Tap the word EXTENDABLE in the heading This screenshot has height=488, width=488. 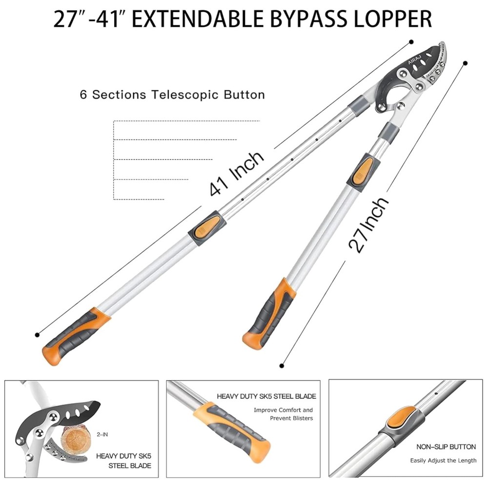(190, 19)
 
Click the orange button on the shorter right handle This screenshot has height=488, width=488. (362, 169)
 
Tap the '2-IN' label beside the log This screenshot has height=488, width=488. (102, 433)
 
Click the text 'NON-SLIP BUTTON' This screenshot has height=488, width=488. (446, 447)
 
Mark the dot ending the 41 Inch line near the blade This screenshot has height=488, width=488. (411, 42)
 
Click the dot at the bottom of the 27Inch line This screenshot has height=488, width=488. (282, 365)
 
